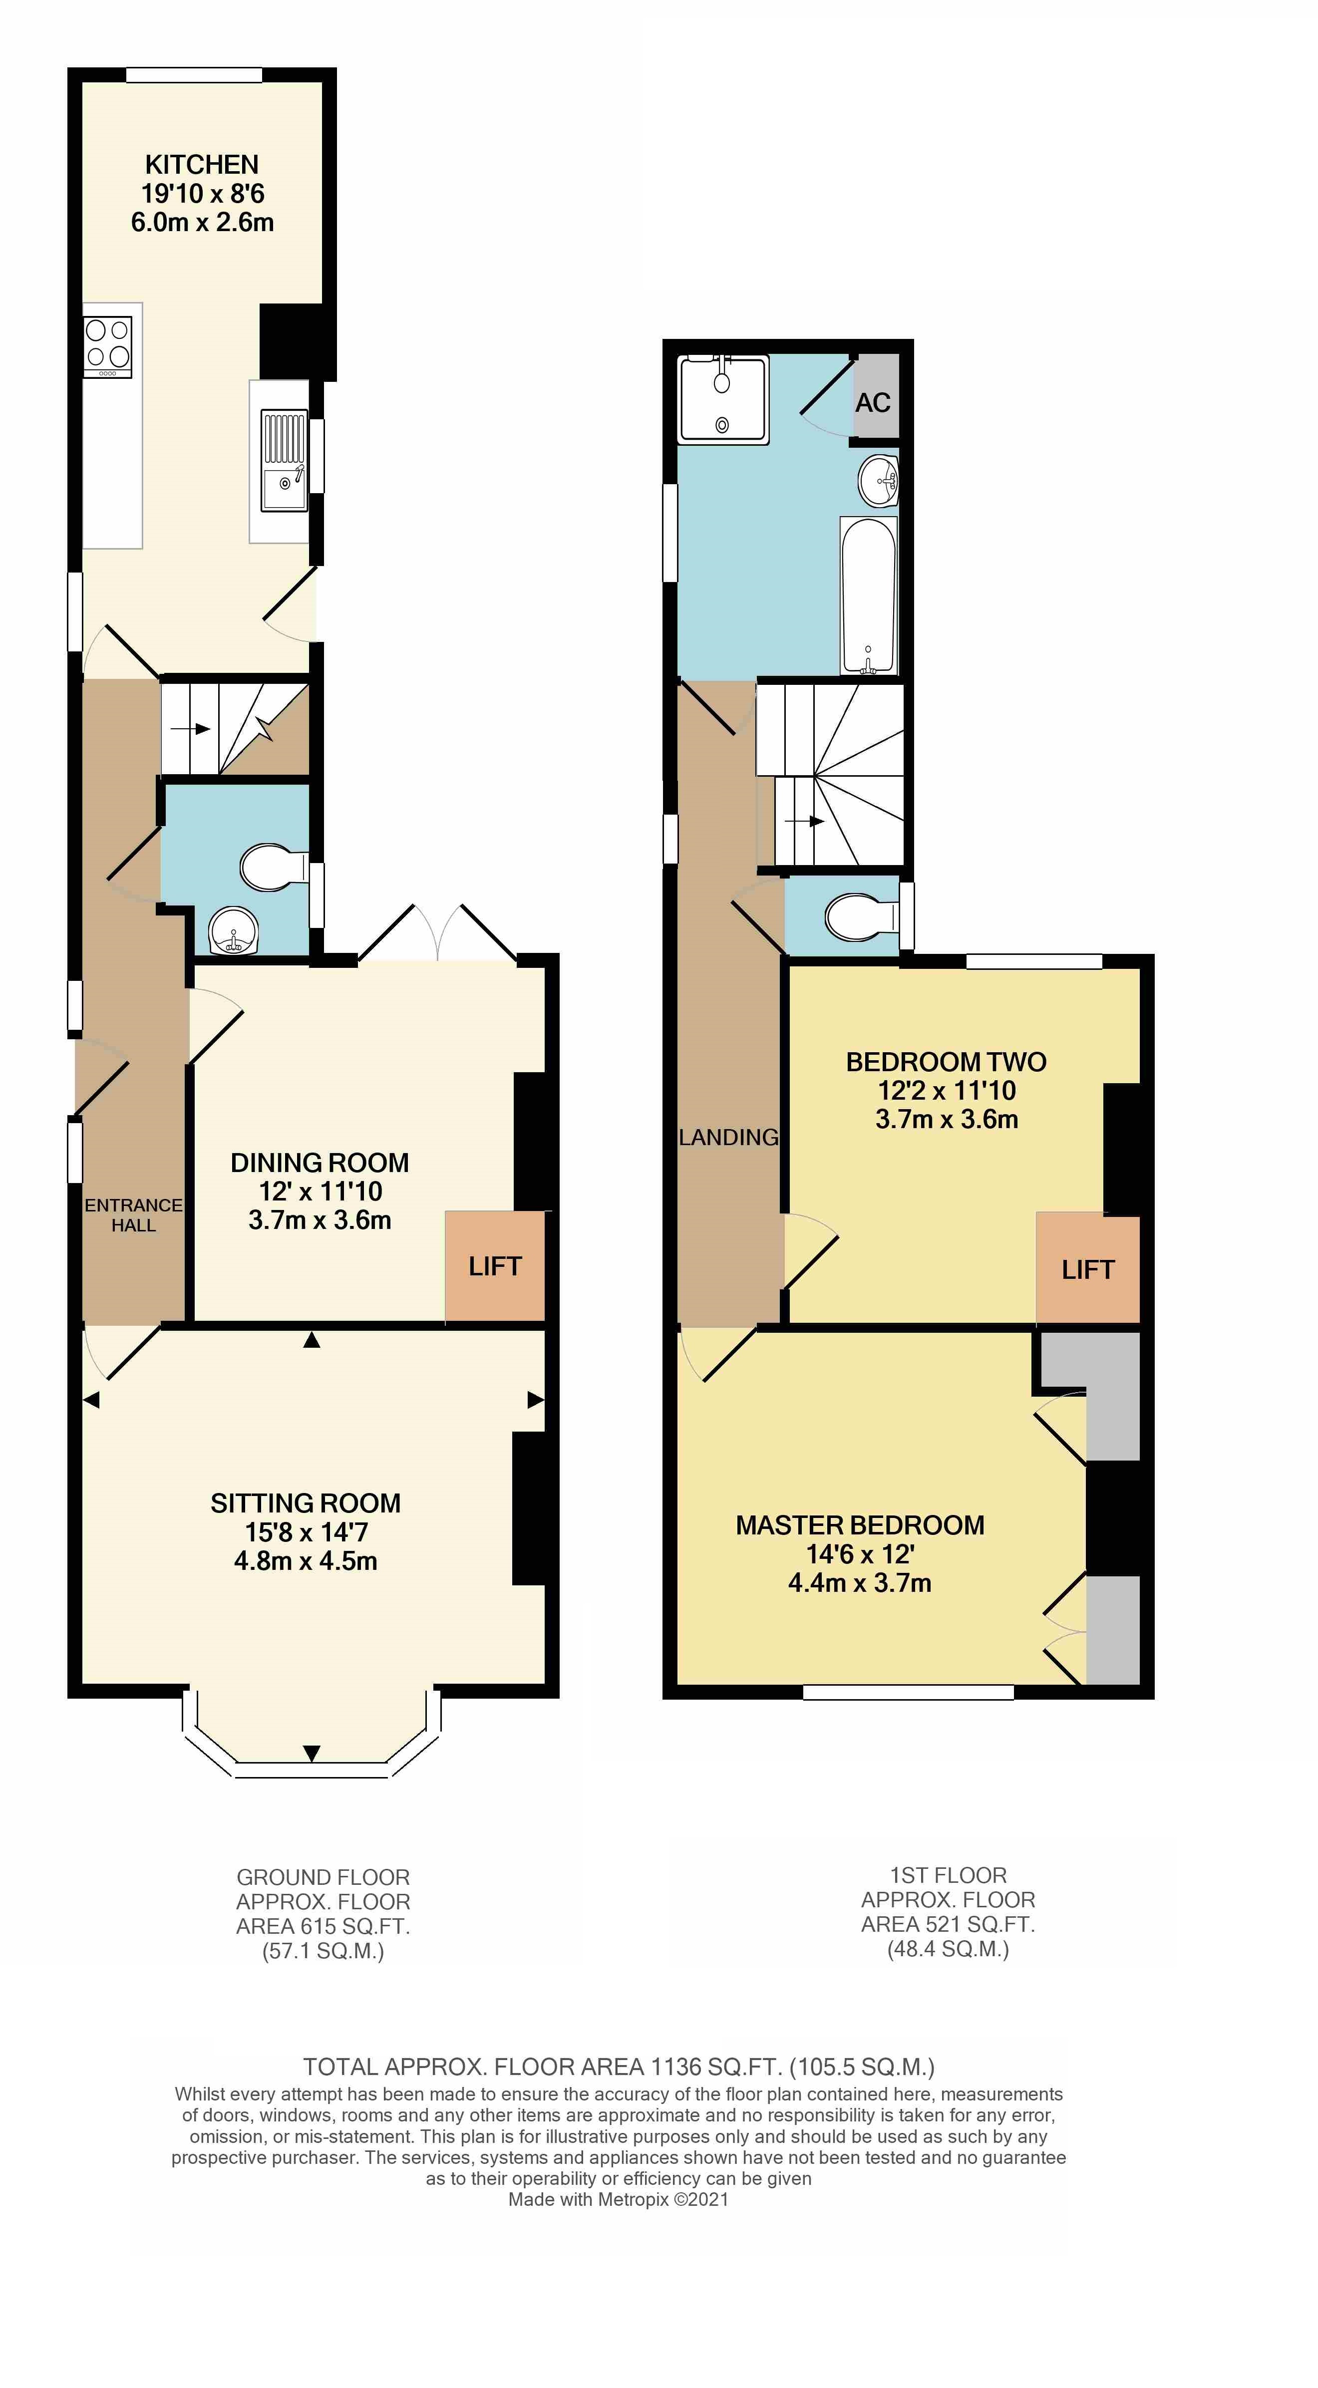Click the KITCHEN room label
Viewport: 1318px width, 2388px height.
[x=201, y=164]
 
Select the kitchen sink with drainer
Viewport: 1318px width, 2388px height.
[x=284, y=461]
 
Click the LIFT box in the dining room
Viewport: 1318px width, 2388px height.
[x=495, y=1266]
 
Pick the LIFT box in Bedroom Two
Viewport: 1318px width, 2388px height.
[x=1087, y=1269]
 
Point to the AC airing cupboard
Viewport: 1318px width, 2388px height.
[x=873, y=402]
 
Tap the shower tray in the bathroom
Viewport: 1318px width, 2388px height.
[x=723, y=399]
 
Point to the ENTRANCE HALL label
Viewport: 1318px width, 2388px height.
[x=133, y=1214]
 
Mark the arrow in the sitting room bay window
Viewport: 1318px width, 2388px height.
[x=312, y=1753]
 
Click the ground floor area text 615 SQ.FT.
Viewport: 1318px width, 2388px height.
[x=323, y=1926]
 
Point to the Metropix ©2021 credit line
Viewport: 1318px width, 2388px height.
[x=618, y=2199]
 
